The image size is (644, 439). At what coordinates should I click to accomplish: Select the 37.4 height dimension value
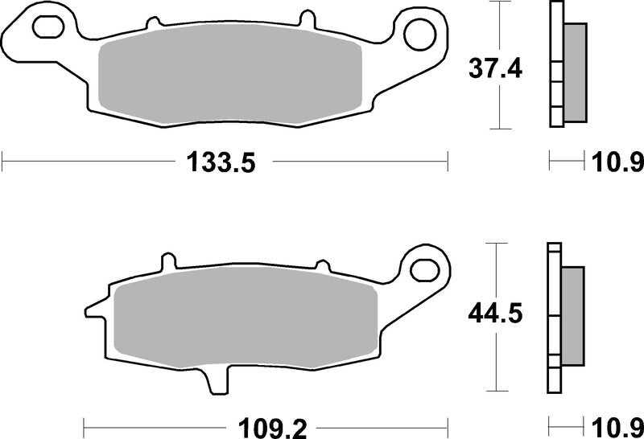coord(496,70)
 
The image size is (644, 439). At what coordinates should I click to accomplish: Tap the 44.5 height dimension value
coord(496,313)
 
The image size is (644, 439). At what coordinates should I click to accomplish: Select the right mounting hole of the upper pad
coord(419,35)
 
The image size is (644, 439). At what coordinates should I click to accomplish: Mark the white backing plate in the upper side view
coord(555,64)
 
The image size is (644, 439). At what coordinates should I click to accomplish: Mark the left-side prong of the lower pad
coord(95,309)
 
